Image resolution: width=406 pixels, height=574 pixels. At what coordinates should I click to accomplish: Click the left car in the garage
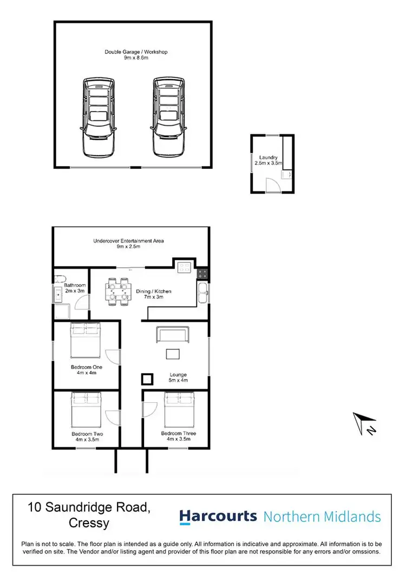(x=99, y=116)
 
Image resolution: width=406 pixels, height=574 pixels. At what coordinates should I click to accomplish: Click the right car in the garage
(x=169, y=116)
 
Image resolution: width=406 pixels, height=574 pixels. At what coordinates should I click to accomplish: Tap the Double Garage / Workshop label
(x=136, y=55)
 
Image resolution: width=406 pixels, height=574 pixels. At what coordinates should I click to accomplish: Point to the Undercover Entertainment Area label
(x=128, y=244)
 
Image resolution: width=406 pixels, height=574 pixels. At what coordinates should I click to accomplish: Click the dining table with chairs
(x=118, y=289)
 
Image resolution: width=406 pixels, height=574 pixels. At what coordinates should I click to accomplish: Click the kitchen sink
(x=202, y=293)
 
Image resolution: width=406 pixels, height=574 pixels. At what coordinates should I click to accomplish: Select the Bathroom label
(x=75, y=288)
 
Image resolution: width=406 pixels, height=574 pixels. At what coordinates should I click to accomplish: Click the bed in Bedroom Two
(x=87, y=408)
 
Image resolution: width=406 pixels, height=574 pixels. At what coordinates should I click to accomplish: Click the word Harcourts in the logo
(x=218, y=517)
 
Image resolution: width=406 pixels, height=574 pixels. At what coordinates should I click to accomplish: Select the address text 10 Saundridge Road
(x=89, y=507)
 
